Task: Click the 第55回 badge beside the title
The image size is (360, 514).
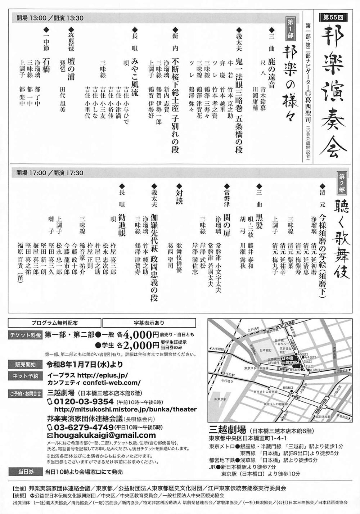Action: pos(333,17)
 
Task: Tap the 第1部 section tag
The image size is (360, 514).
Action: pos(290,28)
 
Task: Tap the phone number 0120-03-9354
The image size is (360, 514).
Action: pos(84,401)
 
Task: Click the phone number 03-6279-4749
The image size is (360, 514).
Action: pos(84,427)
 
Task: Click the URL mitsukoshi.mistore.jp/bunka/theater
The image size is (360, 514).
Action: pos(125,409)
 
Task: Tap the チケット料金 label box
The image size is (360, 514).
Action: pos(25,334)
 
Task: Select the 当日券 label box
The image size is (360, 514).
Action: pos(25,472)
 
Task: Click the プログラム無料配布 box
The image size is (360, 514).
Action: pos(54,323)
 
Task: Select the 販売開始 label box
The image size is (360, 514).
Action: pos(25,364)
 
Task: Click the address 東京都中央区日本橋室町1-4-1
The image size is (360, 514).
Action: pos(248,438)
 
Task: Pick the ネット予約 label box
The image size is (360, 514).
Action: pos(25,376)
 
